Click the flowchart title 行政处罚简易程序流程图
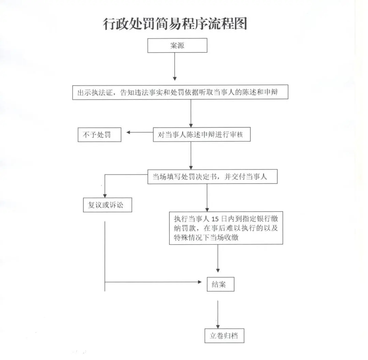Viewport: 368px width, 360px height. click(x=175, y=24)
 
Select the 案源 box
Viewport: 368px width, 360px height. click(x=177, y=45)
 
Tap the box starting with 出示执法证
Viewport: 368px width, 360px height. click(x=180, y=92)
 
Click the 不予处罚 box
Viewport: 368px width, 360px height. click(x=99, y=135)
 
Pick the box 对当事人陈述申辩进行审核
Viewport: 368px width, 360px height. click(x=202, y=135)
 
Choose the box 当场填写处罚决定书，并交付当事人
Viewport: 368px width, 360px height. click(x=212, y=176)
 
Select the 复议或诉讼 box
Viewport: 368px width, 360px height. click(x=107, y=205)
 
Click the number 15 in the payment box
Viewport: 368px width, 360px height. click(x=215, y=219)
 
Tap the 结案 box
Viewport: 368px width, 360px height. click(x=220, y=284)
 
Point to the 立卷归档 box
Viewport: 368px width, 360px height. click(x=224, y=335)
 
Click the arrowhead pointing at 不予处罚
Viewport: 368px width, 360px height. click(x=128, y=132)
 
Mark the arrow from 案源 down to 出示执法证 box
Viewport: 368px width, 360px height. click(x=174, y=67)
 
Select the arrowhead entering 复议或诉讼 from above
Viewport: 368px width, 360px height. click(x=105, y=196)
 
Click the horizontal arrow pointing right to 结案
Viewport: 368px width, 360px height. click(x=153, y=282)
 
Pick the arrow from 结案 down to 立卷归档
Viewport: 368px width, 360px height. click(x=218, y=314)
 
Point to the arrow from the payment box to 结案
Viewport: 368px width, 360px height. click(x=218, y=259)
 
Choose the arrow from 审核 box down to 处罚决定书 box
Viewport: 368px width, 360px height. click(x=191, y=156)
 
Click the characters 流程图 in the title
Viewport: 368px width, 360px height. click(x=226, y=24)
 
